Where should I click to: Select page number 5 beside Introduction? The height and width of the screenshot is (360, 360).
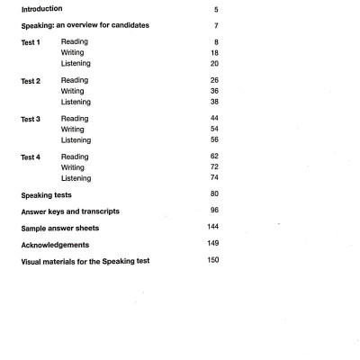coord(216,8)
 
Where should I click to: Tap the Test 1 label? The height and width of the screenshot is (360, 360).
coord(31,41)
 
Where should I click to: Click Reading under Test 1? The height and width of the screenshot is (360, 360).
coord(75,41)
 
